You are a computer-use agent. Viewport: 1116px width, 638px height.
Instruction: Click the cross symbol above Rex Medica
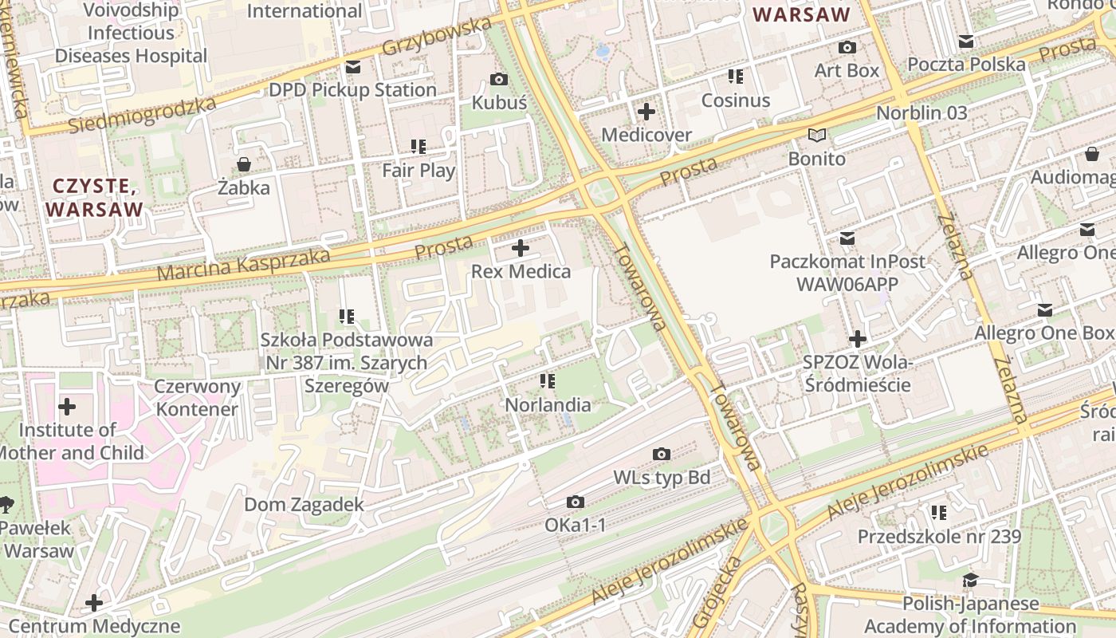pyautogui.click(x=521, y=248)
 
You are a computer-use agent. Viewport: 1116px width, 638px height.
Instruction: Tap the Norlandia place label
pyautogui.click(x=548, y=405)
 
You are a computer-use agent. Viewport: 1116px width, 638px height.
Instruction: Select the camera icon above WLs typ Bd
pyautogui.click(x=662, y=454)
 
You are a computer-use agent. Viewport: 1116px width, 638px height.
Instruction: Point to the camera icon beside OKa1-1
pyautogui.click(x=575, y=502)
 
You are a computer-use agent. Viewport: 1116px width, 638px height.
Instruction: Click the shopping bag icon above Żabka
pyautogui.click(x=244, y=164)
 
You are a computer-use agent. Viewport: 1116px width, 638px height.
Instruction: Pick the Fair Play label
pyautogui.click(x=418, y=171)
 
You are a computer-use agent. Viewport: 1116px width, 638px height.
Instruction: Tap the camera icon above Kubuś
pyautogui.click(x=500, y=79)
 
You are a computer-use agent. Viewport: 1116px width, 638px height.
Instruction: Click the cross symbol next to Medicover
pyautogui.click(x=646, y=111)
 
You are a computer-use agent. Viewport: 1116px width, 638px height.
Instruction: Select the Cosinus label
pyautogui.click(x=736, y=100)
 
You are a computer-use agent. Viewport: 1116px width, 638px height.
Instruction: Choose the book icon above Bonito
pyautogui.click(x=817, y=135)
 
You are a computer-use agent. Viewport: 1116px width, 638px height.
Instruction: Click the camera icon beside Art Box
pyautogui.click(x=847, y=47)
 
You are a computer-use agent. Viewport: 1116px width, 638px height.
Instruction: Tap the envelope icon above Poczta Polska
pyautogui.click(x=966, y=41)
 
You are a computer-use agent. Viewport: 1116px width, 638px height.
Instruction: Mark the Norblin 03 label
pyautogui.click(x=921, y=113)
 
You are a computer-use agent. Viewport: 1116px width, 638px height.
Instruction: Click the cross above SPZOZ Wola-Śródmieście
pyautogui.click(x=858, y=339)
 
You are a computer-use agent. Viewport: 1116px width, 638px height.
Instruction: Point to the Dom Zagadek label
pyautogui.click(x=304, y=505)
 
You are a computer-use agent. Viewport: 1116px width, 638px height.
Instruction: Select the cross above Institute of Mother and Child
pyautogui.click(x=68, y=408)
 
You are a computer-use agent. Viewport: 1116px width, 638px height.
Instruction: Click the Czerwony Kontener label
pyautogui.click(x=197, y=398)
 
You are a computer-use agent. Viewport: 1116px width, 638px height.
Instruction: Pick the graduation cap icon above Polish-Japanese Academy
pyautogui.click(x=970, y=580)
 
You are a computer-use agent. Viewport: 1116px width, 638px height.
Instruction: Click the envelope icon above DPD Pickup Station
pyautogui.click(x=353, y=66)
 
